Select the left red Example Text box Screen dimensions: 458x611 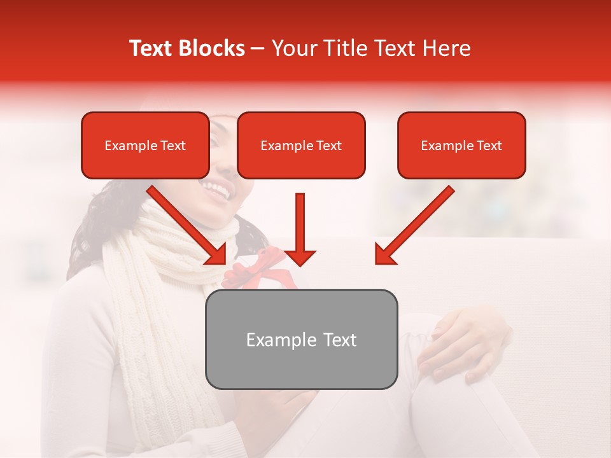145,145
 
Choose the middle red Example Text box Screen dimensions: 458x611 301,145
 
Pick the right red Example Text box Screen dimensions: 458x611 461,145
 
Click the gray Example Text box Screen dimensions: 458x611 302,339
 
